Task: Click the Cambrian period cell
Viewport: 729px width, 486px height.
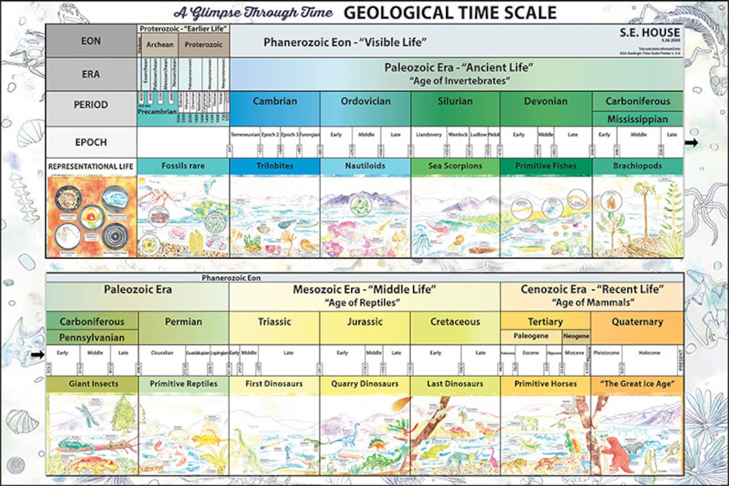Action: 275,102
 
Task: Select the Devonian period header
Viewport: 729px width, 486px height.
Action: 546,102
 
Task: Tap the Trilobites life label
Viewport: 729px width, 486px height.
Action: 275,166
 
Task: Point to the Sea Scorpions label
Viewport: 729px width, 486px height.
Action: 455,166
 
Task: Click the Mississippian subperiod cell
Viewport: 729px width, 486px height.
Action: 637,119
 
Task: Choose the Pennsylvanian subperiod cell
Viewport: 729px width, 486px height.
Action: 92,338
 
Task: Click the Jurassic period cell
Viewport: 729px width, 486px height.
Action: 364,322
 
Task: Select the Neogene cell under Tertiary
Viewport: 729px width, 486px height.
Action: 576,336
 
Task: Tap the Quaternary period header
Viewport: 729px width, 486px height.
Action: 637,322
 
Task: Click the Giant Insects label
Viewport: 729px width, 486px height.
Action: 93,384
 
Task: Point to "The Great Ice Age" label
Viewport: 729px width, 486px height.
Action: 637,384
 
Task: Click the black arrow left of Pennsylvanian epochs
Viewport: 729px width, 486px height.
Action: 38,355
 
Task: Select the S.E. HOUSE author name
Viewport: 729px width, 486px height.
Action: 650,33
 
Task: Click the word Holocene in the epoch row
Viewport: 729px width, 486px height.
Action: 649,353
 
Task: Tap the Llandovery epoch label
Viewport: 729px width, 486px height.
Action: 428,135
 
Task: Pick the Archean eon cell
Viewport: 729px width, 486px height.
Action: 160,45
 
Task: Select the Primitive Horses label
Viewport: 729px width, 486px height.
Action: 545,384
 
